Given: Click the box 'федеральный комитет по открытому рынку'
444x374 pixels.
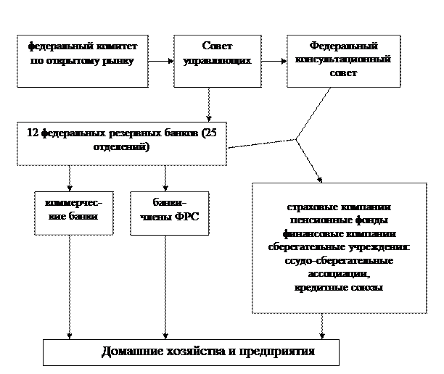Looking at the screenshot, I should coord(82,61).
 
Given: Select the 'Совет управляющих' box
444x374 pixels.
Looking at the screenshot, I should coord(217,61).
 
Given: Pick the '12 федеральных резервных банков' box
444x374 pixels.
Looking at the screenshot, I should coord(121,144).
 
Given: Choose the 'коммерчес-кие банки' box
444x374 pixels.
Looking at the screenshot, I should coord(73,212).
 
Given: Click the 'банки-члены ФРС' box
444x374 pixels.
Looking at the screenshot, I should coord(169,212).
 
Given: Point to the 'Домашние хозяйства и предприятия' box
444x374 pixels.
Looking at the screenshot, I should coord(191,352).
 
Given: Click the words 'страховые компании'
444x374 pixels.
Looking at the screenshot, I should coord(339,208).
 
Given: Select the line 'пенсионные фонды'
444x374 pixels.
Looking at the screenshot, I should coord(339,221).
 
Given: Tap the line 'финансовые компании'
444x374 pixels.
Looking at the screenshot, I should coord(339,234).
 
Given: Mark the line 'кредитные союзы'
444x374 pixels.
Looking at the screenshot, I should coord(339,287).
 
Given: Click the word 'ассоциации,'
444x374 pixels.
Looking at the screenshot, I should coord(339,274).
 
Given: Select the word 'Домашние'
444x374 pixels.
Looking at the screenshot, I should coord(131,352).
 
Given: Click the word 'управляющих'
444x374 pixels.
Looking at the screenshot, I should coord(217,60).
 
